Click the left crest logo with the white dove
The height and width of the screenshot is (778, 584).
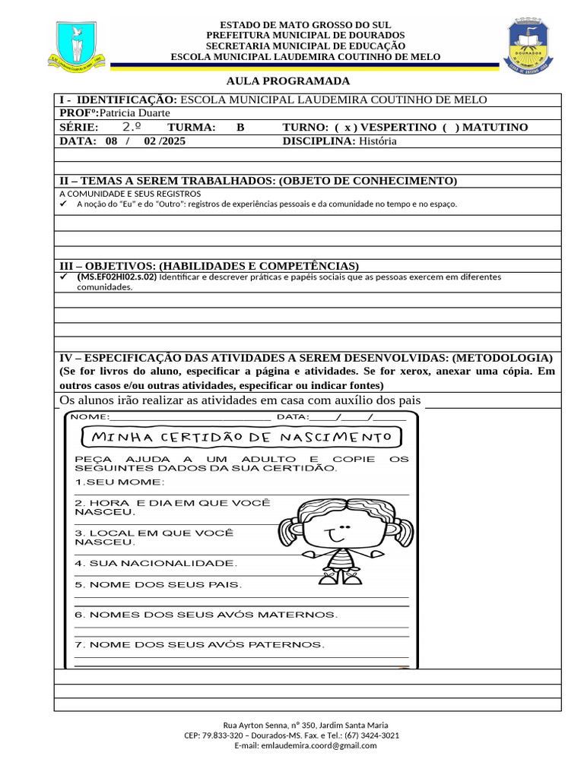coord(78,46)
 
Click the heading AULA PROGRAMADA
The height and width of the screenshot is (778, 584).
coord(288,81)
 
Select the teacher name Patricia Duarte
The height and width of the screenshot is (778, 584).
coord(135,113)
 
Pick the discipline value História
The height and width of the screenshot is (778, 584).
coord(378,141)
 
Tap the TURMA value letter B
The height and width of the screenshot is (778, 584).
coord(240,128)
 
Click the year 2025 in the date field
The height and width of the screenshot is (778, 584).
coord(173,141)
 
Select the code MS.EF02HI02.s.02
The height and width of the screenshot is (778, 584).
coord(117,277)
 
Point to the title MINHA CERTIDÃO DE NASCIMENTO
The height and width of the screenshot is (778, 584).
coord(242,438)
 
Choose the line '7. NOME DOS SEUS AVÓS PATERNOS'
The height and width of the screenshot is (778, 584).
coord(199,645)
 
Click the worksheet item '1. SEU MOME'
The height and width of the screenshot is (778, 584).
coord(119,482)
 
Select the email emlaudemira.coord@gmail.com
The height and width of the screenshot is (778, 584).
coord(319,746)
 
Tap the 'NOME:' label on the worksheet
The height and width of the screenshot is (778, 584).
coord(90,417)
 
